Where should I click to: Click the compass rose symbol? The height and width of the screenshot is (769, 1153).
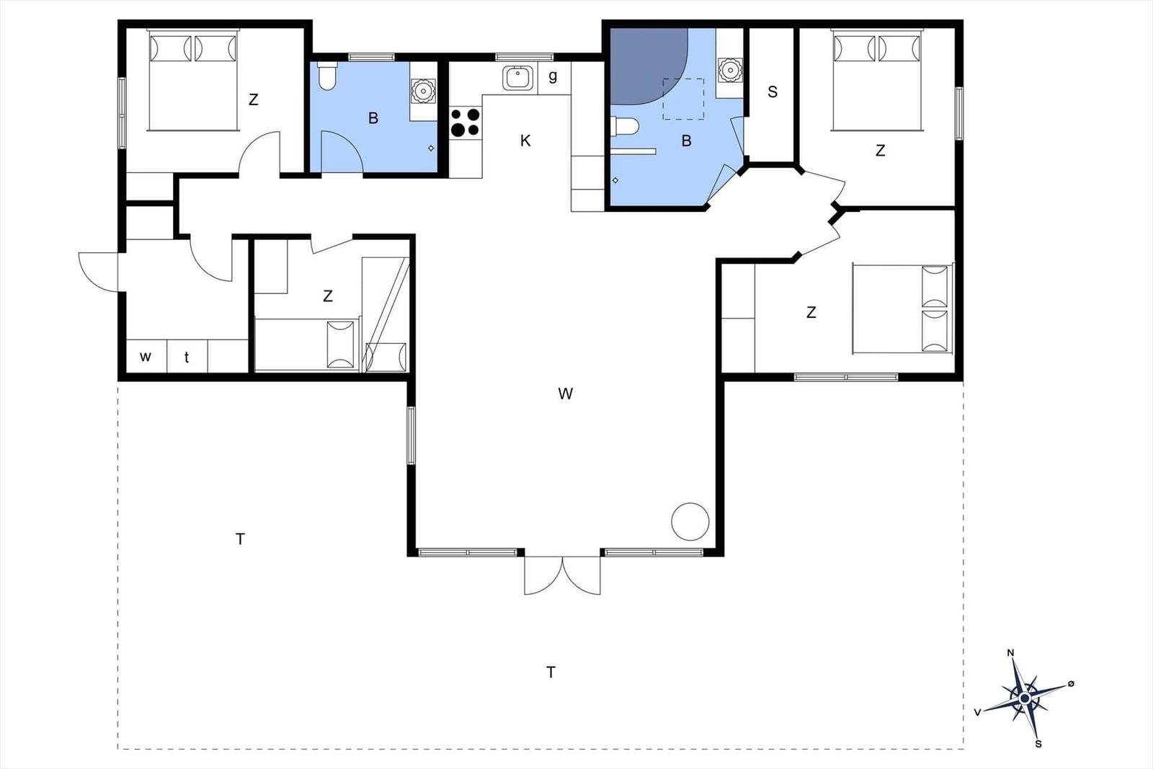click(x=1024, y=698)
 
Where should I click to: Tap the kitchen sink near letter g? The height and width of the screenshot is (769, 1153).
click(x=517, y=77)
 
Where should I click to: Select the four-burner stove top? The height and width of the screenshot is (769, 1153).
click(x=466, y=122)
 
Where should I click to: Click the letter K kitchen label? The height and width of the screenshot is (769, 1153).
click(x=525, y=141)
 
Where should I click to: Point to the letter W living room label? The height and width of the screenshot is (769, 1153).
click(x=565, y=394)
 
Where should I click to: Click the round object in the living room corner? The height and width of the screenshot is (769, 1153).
click(x=690, y=522)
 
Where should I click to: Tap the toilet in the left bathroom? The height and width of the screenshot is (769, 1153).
click(x=326, y=77)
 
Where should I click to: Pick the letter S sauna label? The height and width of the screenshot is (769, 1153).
click(x=773, y=92)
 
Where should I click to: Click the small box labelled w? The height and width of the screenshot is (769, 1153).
click(x=146, y=357)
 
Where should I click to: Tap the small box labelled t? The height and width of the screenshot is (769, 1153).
click(x=187, y=357)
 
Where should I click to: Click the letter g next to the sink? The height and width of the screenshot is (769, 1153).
click(x=553, y=76)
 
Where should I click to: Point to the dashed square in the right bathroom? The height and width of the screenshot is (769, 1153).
click(x=683, y=99)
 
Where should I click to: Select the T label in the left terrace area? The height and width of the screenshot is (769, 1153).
click(x=240, y=538)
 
